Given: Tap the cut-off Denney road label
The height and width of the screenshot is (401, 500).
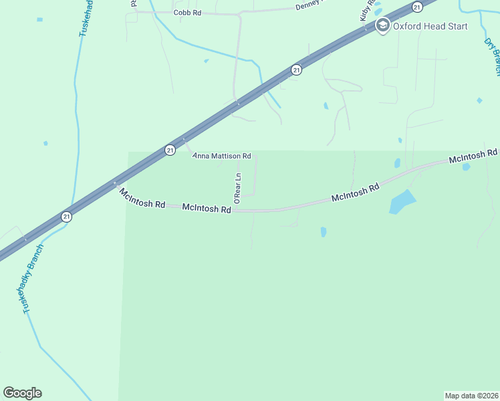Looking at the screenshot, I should coord(309,7).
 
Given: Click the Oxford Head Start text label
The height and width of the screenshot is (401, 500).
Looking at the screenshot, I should coord(430,26).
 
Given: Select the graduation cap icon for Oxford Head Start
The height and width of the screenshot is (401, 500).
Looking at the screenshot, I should coord(382,26).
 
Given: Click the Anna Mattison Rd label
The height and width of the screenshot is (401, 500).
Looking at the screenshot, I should coord(221,156).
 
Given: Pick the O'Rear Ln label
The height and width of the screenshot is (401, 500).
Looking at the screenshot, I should coord(237,188).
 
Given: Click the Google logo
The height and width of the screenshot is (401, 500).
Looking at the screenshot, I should coord(22,393).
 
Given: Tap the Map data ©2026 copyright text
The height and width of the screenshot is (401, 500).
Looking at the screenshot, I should coord(471,396).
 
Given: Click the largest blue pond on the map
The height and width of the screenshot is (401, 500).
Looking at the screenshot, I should coord(402,201).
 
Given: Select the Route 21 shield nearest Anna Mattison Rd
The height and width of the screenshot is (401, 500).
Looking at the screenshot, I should coord(170,150).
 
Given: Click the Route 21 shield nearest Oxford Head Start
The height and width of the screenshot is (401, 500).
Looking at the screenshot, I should coord(417,7).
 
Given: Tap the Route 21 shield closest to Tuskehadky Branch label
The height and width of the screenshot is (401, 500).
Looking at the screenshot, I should coord(66,217).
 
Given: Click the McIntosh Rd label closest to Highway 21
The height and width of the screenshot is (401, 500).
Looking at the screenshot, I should coord(142,198).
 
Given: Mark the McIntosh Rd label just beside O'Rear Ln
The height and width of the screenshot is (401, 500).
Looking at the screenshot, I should coord(207,209).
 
